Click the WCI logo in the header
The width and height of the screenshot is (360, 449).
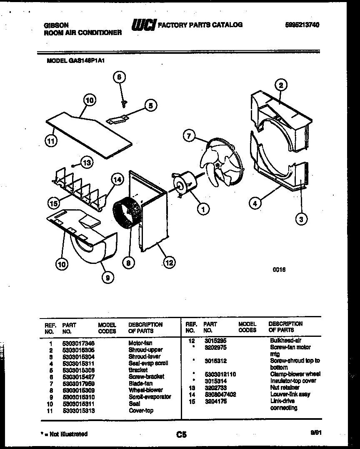(143, 26)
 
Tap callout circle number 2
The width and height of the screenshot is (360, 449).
(281, 85)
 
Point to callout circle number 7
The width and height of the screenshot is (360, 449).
(189, 135)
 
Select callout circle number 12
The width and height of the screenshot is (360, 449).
(169, 263)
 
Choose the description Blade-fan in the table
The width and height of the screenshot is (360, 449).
(140, 383)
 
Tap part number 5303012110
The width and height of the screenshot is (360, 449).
(220, 374)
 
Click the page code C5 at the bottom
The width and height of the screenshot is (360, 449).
(181, 435)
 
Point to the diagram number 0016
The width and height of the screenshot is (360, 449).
(279, 270)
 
